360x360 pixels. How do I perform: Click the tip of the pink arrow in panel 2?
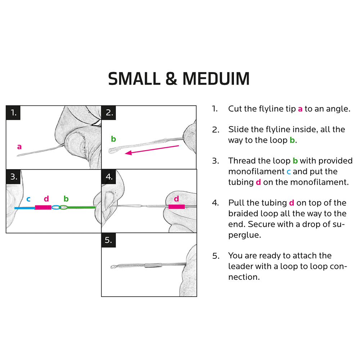[125, 153]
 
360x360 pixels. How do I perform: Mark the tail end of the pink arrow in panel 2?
[179, 145]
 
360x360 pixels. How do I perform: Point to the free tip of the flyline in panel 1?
[17, 156]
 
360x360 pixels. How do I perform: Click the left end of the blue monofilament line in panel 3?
[15, 208]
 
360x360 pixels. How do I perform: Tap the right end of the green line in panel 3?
[95, 208]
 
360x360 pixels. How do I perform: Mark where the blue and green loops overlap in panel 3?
[60, 207]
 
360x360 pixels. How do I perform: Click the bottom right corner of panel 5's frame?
[197, 296]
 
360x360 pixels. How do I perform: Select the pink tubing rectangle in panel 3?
[43, 208]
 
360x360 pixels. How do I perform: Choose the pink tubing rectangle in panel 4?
[176, 207]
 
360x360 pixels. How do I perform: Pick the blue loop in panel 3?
[56, 207]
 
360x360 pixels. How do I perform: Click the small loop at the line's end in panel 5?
[113, 267]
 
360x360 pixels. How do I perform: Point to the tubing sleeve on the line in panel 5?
[153, 266]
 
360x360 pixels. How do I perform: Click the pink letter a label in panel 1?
[19, 147]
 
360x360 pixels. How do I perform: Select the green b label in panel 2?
[113, 139]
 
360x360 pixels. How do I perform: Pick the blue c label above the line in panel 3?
[28, 199]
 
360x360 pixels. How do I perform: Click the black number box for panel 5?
[109, 240]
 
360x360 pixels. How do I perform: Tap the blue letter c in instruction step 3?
[289, 171]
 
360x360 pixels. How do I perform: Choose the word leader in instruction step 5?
[240, 266]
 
